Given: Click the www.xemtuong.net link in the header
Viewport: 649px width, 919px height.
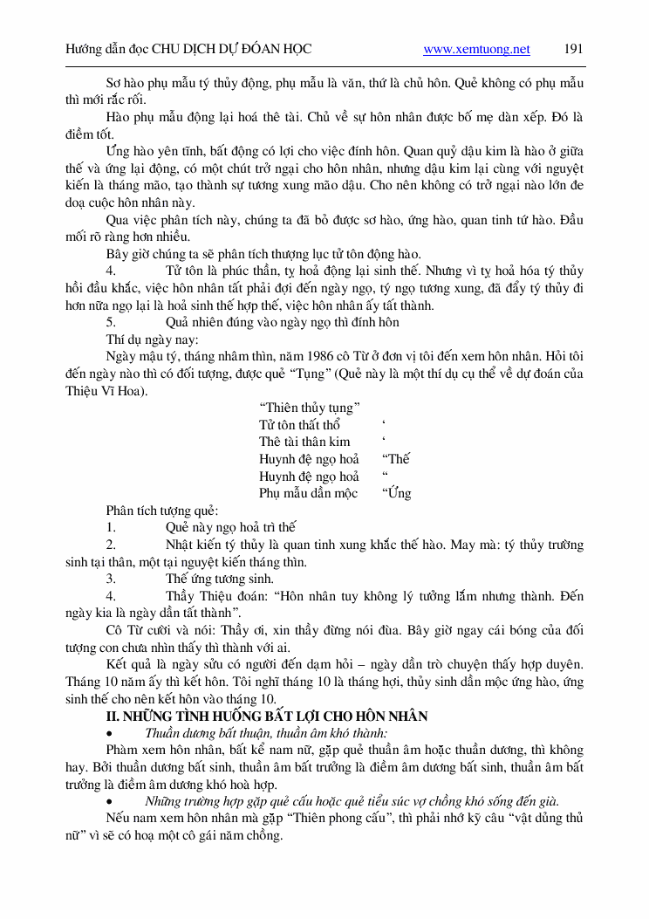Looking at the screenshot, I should pos(476,50).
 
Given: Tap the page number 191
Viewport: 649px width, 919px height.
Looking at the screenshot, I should pos(573,49).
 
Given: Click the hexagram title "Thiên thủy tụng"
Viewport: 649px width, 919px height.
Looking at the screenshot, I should pos(310,408).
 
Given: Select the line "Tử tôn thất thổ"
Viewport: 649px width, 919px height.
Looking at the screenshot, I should pos(299,425).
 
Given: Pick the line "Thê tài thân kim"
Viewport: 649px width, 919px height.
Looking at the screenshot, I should pos(304,442).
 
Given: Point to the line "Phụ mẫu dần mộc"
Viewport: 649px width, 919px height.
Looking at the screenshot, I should pos(309,493).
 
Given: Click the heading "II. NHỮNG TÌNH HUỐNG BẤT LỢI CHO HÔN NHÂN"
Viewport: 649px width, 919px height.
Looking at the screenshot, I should pos(266,716).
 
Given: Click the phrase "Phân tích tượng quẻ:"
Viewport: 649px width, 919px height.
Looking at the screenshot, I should pos(161,511).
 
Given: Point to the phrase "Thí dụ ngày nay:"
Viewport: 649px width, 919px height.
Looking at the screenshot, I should pos(152,339).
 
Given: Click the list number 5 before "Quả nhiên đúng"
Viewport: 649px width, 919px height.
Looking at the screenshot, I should pos(110,322).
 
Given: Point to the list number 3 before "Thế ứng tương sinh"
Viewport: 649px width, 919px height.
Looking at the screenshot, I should pos(110,579).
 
